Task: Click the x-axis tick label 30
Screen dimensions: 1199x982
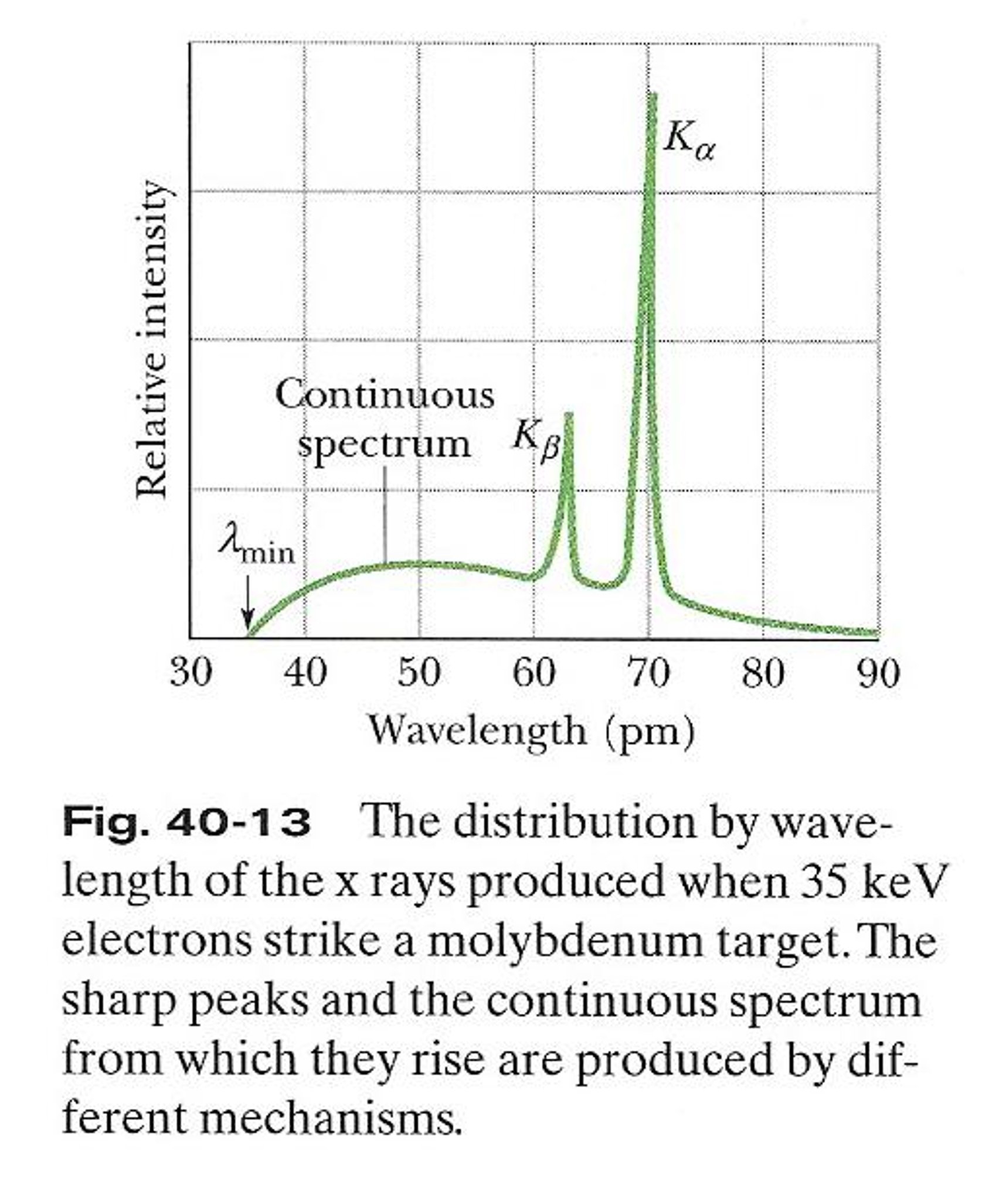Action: point(191,672)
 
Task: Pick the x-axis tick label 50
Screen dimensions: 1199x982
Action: point(419,672)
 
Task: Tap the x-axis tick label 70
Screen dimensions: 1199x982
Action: point(648,672)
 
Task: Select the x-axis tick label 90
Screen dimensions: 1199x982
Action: point(878,672)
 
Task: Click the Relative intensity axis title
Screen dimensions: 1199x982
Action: point(151,340)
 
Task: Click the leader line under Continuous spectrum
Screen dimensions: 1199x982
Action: point(385,516)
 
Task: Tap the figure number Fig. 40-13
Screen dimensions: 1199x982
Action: point(186,822)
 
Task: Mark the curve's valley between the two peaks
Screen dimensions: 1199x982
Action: point(604,585)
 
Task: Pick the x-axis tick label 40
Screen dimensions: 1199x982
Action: point(305,672)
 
